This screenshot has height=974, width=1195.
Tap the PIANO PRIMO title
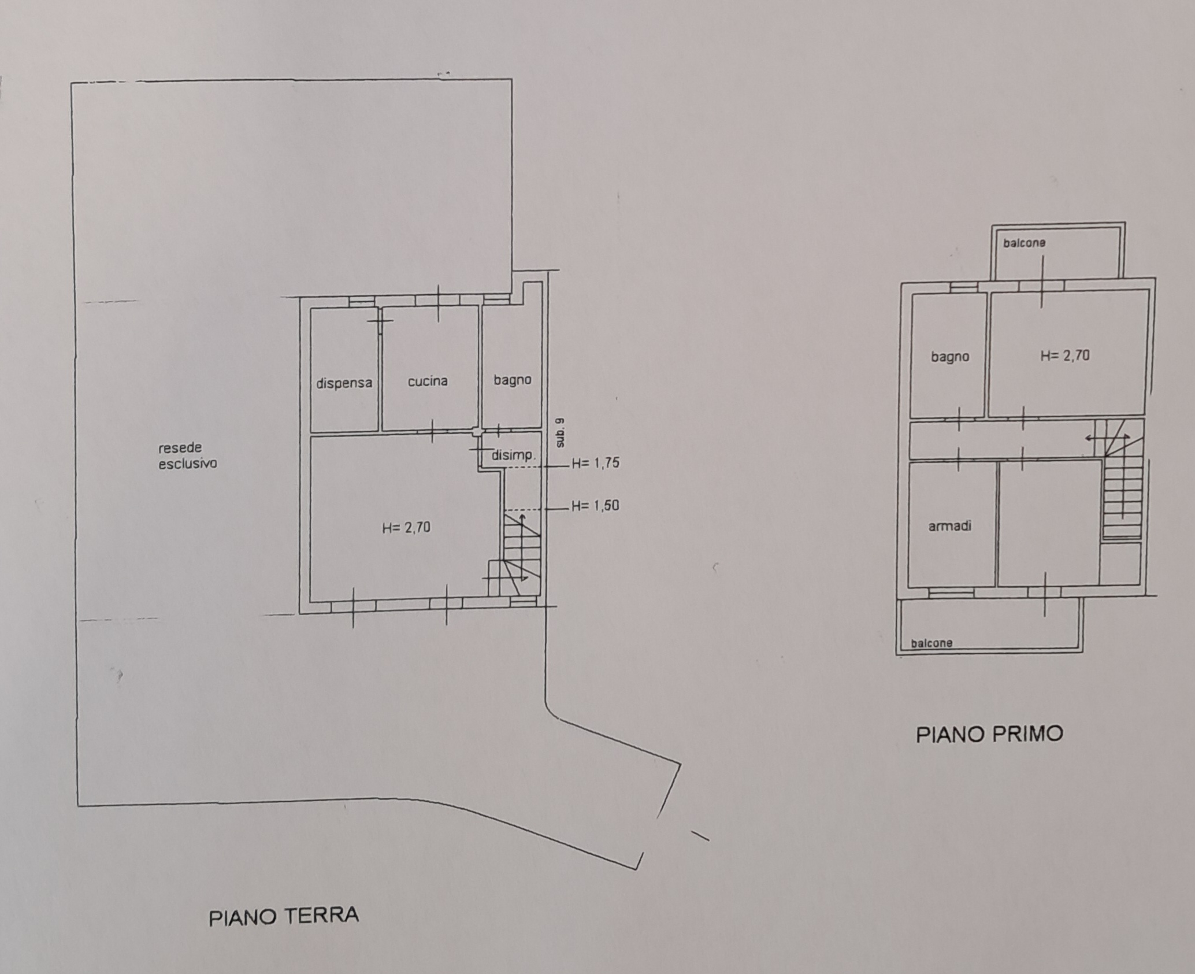click(989, 734)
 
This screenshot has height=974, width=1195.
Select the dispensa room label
click(344, 383)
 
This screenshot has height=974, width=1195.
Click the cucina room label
click(428, 381)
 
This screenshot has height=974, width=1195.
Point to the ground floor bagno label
click(513, 380)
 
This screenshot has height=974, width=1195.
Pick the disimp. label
click(514, 455)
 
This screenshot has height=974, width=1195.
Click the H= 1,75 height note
click(595, 463)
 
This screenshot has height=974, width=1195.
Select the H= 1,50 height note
click(595, 506)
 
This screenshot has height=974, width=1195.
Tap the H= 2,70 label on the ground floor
click(406, 527)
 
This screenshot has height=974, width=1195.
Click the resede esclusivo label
click(188, 455)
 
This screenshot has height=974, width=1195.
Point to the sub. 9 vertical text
click(559, 432)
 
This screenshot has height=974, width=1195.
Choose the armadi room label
click(950, 526)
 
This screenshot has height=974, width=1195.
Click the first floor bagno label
click(950, 357)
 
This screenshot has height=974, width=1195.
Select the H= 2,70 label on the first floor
click(1065, 355)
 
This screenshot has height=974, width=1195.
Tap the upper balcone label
click(1025, 243)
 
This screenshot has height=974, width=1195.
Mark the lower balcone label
click(931, 643)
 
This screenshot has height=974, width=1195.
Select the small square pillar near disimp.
click(476, 432)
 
